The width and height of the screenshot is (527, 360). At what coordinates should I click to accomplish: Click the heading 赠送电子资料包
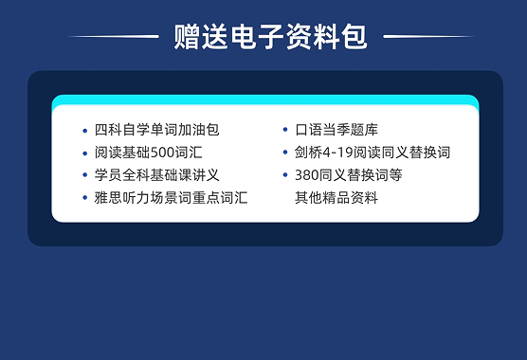coord(270,38)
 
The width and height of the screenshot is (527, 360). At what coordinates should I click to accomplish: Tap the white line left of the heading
coord(114,37)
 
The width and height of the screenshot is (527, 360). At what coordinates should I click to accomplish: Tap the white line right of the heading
coord(429,37)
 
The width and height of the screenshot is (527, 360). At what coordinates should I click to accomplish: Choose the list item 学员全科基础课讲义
coord(157,174)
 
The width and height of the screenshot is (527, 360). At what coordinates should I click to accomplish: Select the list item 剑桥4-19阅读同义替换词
coord(373,152)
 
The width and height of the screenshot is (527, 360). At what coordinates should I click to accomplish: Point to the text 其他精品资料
coord(336,197)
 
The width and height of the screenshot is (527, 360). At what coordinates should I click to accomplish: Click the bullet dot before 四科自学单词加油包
coord(84,130)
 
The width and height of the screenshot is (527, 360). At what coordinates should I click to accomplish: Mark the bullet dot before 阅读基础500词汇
coord(84,153)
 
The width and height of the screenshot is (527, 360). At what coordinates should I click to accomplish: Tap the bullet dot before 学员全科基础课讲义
coord(84,175)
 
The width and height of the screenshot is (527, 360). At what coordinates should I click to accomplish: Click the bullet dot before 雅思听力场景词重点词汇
coord(84,198)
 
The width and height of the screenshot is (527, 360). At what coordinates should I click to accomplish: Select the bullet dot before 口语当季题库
coord(284,130)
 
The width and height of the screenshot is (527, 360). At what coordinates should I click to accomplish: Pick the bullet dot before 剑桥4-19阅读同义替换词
coord(284,153)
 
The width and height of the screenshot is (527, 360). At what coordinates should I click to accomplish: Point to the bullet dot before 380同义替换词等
coord(284,175)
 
